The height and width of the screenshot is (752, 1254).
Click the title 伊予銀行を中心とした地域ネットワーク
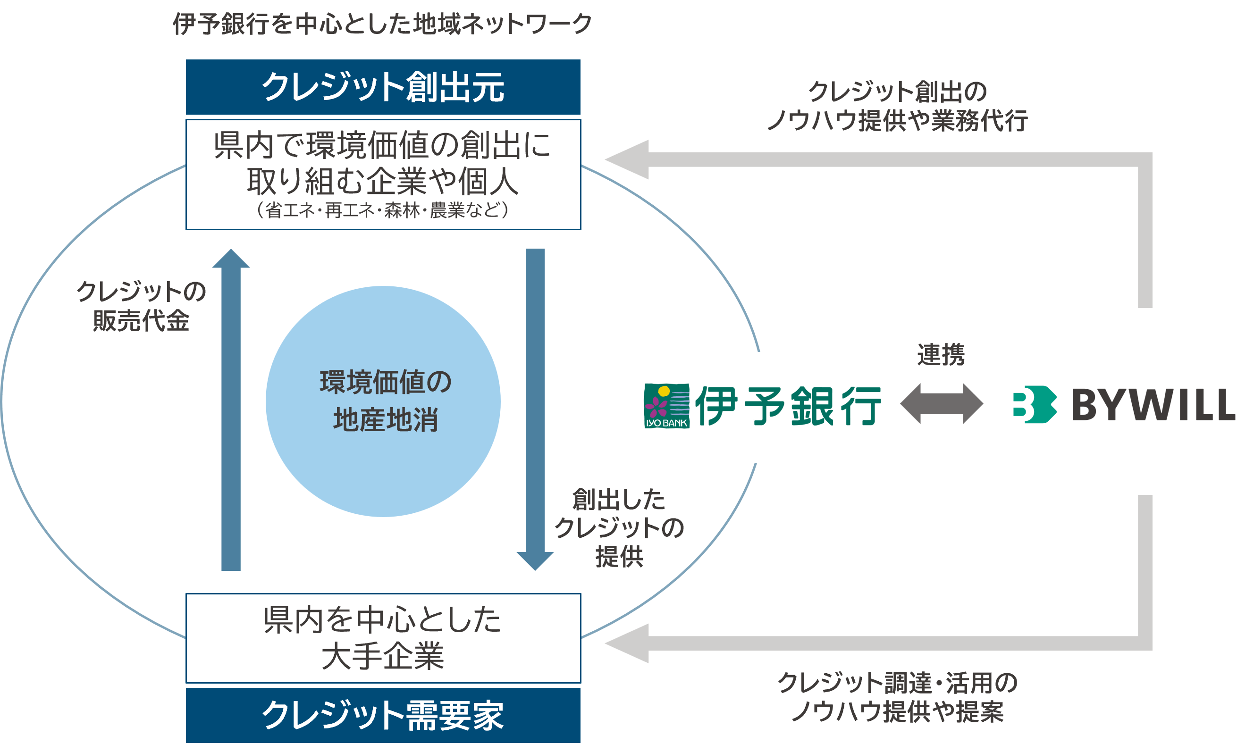382,24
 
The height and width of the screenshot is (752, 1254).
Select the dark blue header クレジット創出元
383,87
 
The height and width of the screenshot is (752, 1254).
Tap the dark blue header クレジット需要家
383,715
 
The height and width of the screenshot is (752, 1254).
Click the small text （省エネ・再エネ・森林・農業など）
383,209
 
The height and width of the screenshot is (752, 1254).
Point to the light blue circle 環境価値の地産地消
383,401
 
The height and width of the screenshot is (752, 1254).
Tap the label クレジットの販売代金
141,306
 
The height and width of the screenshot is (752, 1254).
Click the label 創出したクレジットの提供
619,527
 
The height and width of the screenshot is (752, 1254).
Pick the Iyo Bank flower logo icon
666,406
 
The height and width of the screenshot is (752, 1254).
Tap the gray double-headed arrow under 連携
941,403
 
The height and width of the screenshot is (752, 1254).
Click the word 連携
941,355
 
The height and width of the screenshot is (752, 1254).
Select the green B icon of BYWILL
1035,404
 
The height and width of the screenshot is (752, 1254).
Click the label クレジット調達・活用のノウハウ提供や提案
897,697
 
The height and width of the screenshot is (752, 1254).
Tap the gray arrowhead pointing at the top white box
628,159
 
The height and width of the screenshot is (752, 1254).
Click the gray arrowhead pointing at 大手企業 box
628,643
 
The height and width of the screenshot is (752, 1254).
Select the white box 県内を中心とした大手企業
383,638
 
